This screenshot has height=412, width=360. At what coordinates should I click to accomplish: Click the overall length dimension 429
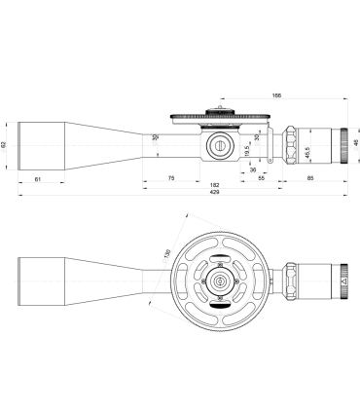click(x=184, y=193)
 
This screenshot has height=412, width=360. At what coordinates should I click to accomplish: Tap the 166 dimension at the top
click(x=276, y=96)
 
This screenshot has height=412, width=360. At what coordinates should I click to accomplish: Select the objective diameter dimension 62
click(x=6, y=144)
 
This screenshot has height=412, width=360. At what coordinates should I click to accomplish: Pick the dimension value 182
click(x=215, y=185)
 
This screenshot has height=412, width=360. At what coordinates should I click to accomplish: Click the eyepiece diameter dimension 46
click(x=355, y=144)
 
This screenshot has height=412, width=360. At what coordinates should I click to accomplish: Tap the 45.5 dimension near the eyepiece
click(x=307, y=153)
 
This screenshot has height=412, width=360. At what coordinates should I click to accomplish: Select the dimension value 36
click(x=238, y=169)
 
